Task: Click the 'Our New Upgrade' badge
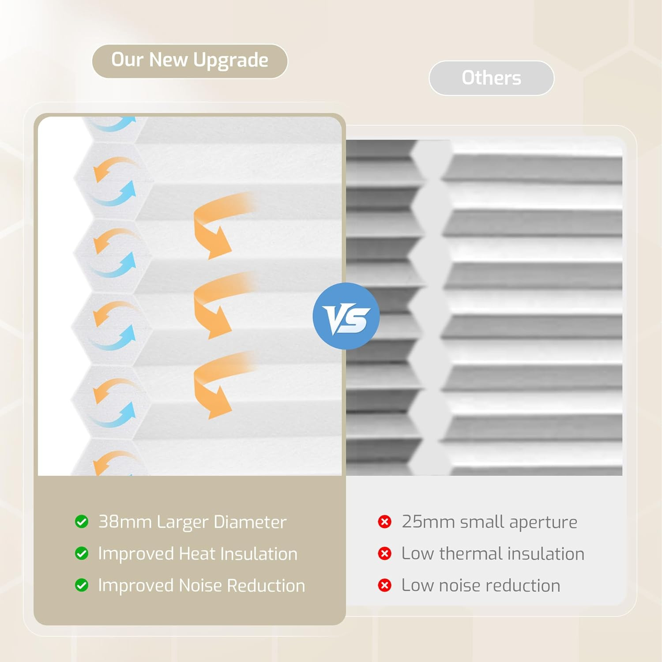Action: coord(190,61)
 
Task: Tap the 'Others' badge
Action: coord(491,78)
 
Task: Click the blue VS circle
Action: coord(346,316)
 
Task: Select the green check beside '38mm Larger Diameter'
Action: coord(82,522)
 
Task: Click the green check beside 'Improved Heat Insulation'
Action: coord(82,553)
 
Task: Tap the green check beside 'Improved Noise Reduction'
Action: coord(82,585)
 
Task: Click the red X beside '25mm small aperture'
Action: coord(385,522)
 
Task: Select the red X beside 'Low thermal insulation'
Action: coord(385,553)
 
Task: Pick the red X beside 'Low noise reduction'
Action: coord(385,585)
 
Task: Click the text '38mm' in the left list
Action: coord(125,522)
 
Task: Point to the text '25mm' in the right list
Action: coord(429,522)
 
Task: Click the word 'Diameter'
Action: coord(250,522)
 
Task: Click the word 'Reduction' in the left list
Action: coord(266,585)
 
